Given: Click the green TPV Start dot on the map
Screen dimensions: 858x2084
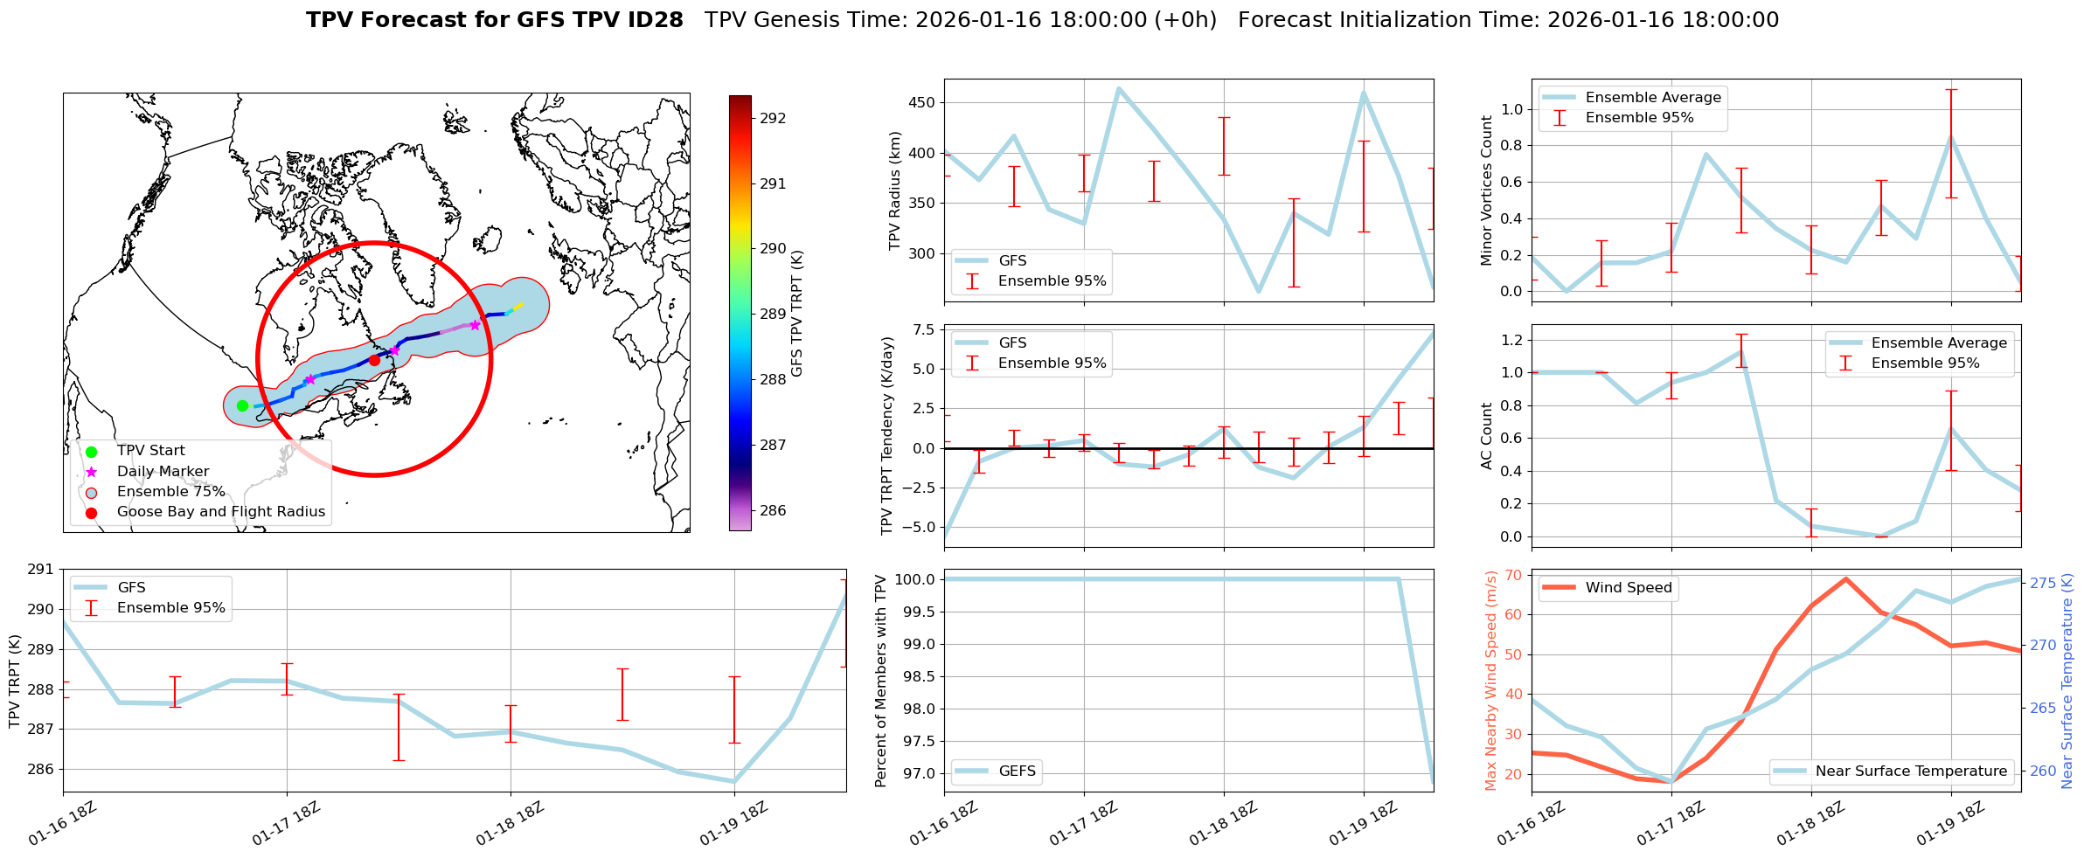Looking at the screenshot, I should point(242,405).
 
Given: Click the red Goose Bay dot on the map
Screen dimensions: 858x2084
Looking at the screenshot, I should point(374,360).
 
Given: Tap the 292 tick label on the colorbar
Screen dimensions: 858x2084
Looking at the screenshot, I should point(773,119).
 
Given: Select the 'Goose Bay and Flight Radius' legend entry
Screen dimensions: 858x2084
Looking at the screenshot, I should point(220,512).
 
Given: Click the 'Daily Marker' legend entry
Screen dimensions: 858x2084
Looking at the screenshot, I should point(163,472).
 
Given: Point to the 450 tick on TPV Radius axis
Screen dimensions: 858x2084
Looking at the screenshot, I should point(922,102).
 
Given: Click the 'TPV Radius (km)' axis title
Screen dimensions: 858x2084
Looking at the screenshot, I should point(894,190).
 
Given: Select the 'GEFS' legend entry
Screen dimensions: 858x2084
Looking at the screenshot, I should point(1017,772).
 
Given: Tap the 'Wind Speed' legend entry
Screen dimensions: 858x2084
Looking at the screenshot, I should point(1629,588).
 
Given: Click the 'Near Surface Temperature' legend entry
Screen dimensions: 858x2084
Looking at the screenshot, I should point(1911,772).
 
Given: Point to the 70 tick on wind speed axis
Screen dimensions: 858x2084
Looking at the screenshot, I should point(1514,575).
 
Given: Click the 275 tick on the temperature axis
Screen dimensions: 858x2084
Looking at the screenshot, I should point(2043,583).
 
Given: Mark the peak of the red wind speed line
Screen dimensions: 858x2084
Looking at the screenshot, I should point(1845,578).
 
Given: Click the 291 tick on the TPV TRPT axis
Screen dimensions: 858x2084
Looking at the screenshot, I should point(40,570).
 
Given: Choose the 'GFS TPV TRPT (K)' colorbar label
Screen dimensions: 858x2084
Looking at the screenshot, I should point(796,313).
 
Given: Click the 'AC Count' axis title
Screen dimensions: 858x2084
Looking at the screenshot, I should point(1486,436).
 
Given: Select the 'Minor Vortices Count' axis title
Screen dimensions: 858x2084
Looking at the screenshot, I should point(1486,190).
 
